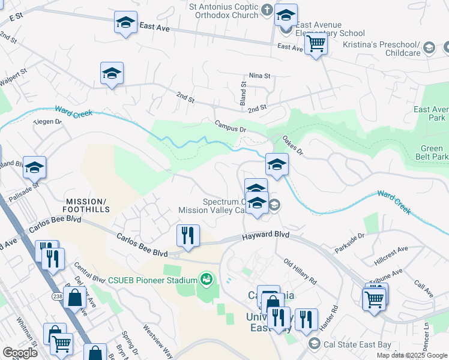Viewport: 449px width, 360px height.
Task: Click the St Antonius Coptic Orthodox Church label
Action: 223,11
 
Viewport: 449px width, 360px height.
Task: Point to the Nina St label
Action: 260,76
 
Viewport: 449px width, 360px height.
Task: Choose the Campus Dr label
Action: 231,125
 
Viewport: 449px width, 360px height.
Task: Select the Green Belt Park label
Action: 434,153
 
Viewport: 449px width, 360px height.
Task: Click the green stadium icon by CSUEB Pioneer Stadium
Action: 206,279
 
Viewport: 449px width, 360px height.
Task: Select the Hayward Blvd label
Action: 266,236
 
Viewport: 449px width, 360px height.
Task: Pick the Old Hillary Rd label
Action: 300,272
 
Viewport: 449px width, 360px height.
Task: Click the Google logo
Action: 20,353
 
